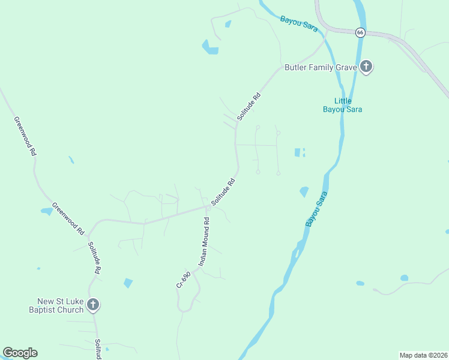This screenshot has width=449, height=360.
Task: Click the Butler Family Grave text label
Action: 321,67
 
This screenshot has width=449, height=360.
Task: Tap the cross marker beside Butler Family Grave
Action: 366,67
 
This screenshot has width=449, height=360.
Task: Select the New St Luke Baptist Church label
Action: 60,305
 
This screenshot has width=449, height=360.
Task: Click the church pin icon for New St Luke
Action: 92,305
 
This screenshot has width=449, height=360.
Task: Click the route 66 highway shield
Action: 360,32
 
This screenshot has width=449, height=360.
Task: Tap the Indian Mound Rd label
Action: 204,241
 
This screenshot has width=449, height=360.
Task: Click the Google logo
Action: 20,353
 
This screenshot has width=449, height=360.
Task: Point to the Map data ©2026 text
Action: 423,355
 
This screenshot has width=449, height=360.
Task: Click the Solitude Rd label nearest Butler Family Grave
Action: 249,107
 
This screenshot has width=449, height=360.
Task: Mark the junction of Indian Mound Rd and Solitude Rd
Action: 207,208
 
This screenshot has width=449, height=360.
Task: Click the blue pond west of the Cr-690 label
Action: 128,283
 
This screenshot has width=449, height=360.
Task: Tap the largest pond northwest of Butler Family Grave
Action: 210,48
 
